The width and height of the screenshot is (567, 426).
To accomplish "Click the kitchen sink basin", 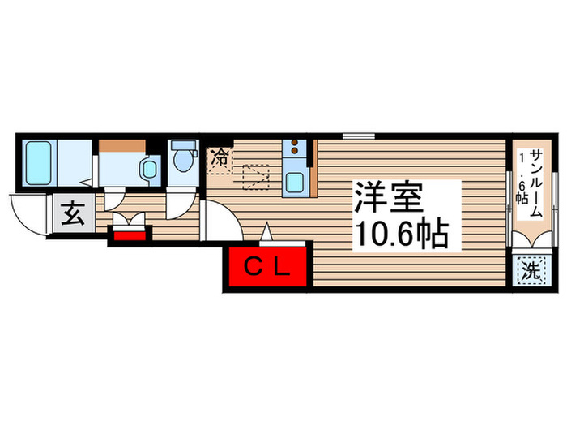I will (x=295, y=182).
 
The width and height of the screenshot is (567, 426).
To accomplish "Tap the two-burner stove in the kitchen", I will (x=296, y=148).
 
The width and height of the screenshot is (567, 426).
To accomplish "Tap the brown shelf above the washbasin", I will (x=122, y=146).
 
